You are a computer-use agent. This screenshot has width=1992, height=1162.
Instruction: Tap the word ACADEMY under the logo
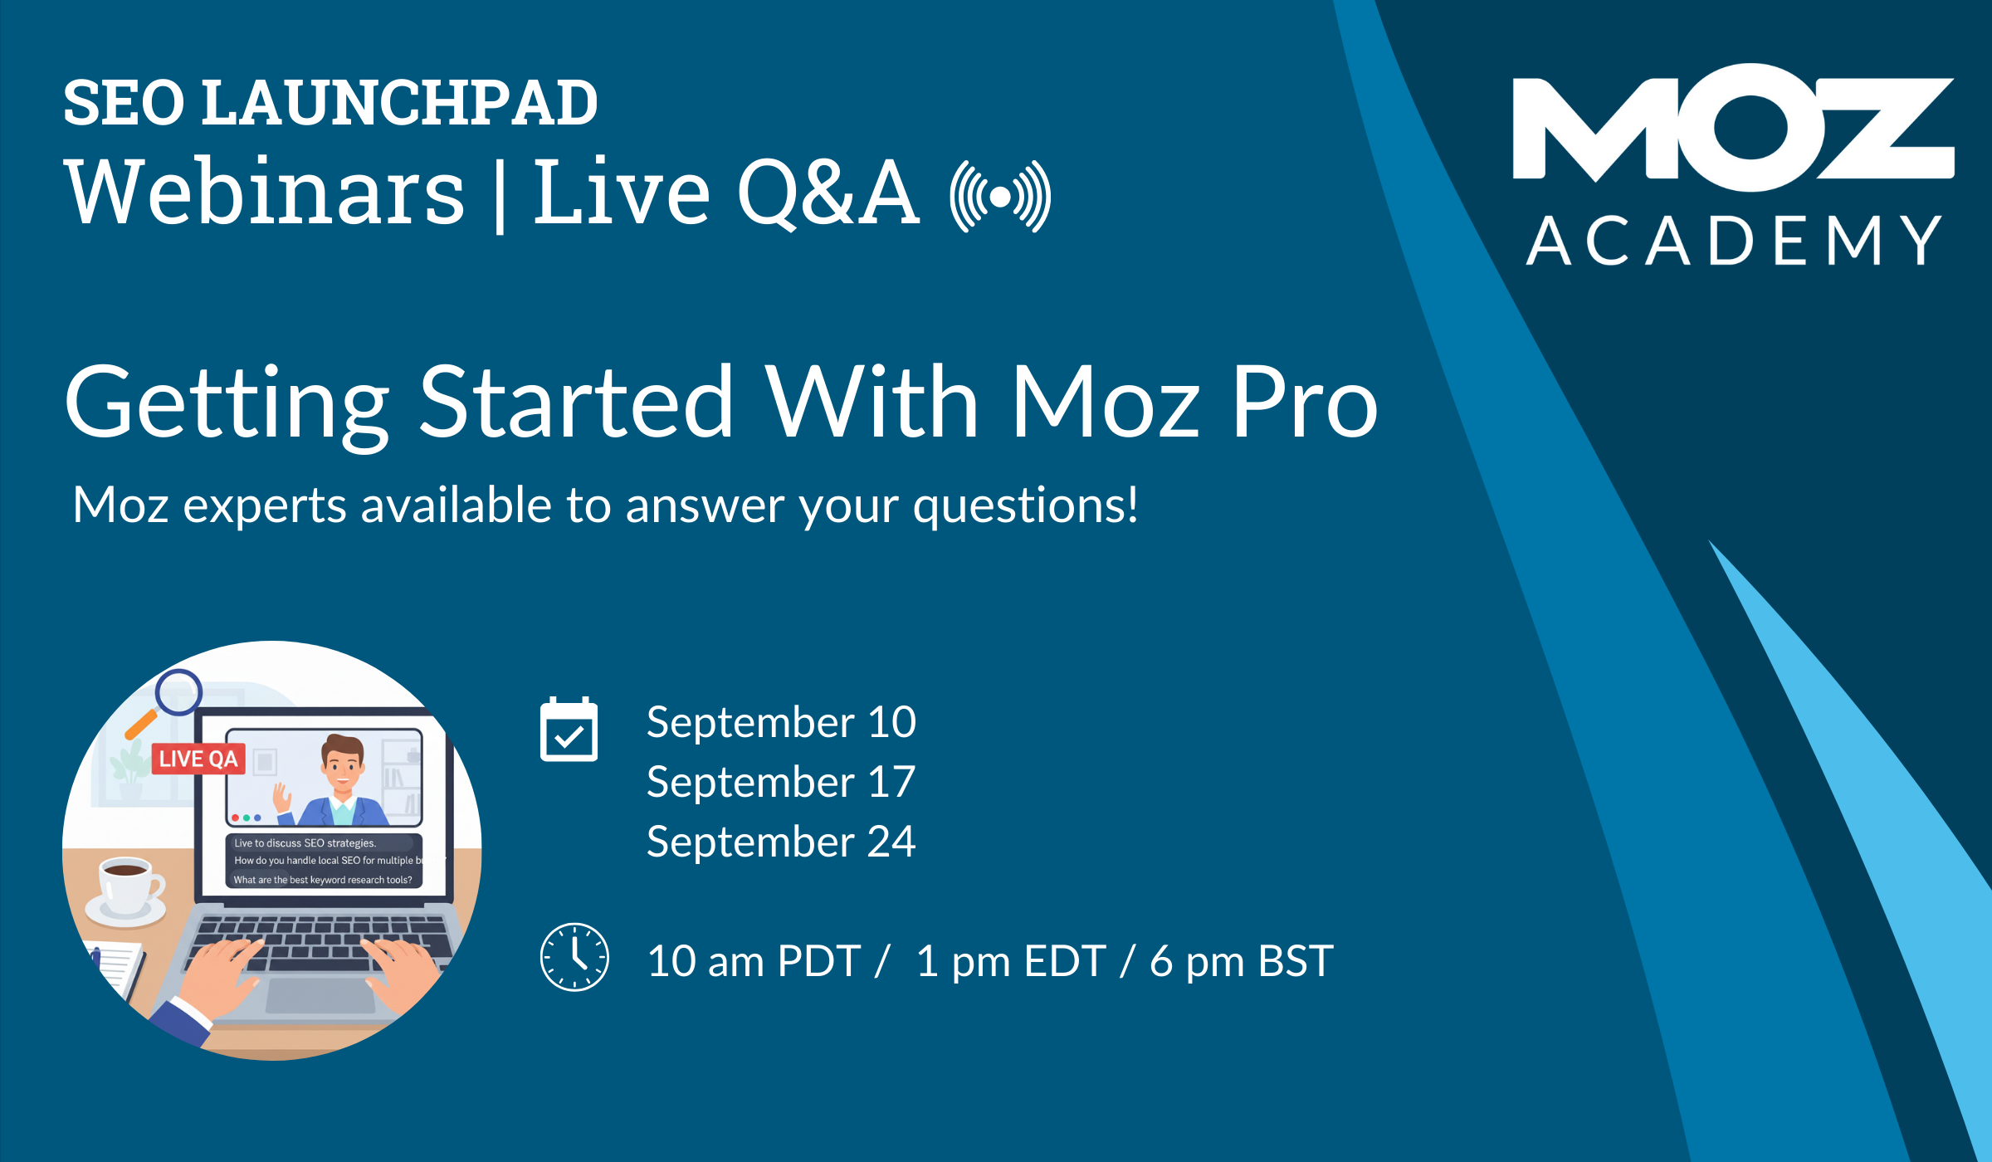click(1733, 241)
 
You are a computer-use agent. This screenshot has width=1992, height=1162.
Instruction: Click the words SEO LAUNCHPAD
click(330, 103)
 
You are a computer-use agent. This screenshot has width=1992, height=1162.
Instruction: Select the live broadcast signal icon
click(1001, 197)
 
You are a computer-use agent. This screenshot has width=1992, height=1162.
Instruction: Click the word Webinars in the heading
click(264, 193)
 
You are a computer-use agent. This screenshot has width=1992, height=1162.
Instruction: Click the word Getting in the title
click(227, 403)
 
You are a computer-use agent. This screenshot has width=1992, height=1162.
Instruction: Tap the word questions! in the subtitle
click(1025, 505)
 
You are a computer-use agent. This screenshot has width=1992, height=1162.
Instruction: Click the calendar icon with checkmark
click(569, 730)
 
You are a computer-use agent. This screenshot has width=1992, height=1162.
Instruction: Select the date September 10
click(781, 722)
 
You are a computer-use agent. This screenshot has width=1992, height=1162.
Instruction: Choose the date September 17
click(781, 782)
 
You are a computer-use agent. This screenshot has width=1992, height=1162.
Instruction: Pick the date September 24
click(781, 842)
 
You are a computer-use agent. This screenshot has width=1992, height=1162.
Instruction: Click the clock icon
click(574, 957)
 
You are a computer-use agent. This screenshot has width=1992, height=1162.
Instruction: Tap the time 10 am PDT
click(754, 961)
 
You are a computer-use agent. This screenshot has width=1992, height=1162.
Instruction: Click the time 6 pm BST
click(1241, 961)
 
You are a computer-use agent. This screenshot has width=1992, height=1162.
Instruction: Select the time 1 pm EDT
click(1011, 961)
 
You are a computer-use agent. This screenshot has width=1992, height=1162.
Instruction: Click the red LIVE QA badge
click(198, 759)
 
